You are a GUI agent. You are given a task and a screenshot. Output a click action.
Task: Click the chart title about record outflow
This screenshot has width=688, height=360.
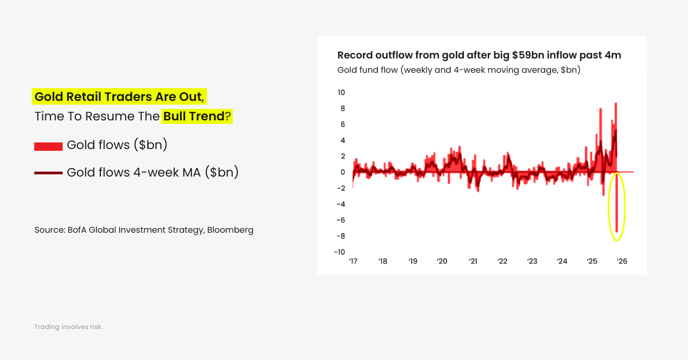click(x=479, y=56)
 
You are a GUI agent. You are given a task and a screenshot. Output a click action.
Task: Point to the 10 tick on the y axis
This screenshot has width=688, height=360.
click(x=341, y=92)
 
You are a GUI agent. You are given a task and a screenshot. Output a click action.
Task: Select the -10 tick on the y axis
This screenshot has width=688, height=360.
click(x=339, y=252)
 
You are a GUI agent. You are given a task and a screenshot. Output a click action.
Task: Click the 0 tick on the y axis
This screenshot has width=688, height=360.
click(x=342, y=172)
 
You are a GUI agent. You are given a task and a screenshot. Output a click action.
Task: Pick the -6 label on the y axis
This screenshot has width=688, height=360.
click(x=340, y=220)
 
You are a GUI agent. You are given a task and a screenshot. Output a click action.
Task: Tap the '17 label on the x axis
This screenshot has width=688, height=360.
click(x=353, y=261)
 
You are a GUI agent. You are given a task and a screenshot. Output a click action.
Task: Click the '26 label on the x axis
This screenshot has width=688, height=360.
click(x=621, y=261)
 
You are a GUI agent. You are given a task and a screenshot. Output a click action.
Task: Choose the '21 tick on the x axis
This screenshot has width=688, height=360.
click(x=473, y=261)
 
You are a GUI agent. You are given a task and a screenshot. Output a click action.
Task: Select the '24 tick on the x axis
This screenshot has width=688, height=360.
click(x=562, y=261)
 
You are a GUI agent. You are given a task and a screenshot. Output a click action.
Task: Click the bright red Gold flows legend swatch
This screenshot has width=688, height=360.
click(x=48, y=146)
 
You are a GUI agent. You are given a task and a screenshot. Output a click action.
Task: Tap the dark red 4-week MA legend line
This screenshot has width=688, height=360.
click(x=48, y=173)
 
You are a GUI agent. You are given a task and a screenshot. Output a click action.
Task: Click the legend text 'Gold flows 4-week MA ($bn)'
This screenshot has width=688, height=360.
click(x=153, y=172)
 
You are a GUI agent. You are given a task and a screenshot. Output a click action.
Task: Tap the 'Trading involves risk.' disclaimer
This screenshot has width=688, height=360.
click(x=68, y=327)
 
